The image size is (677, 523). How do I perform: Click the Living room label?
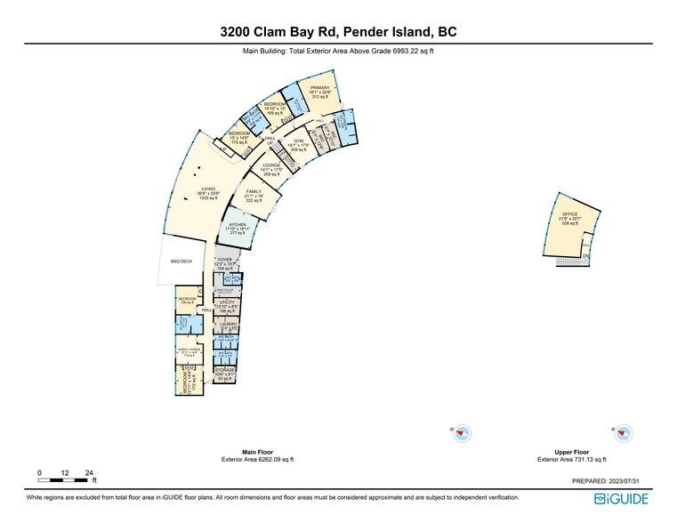pos(208,189)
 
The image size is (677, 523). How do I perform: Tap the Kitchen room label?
pos(238,225)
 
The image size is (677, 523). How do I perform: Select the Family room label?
pos(254,191)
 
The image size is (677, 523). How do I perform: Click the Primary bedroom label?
pos(320,88)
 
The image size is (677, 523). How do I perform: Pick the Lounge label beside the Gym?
pos(271,165)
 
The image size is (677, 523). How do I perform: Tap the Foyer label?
pos(225,260)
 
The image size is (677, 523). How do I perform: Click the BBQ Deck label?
pos(181,261)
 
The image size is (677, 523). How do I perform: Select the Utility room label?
pos(226,303)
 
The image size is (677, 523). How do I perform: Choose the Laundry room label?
pos(228,324)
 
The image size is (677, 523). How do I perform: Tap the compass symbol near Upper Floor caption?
pos(624,433)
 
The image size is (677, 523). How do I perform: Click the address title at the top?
pos(339,32)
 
